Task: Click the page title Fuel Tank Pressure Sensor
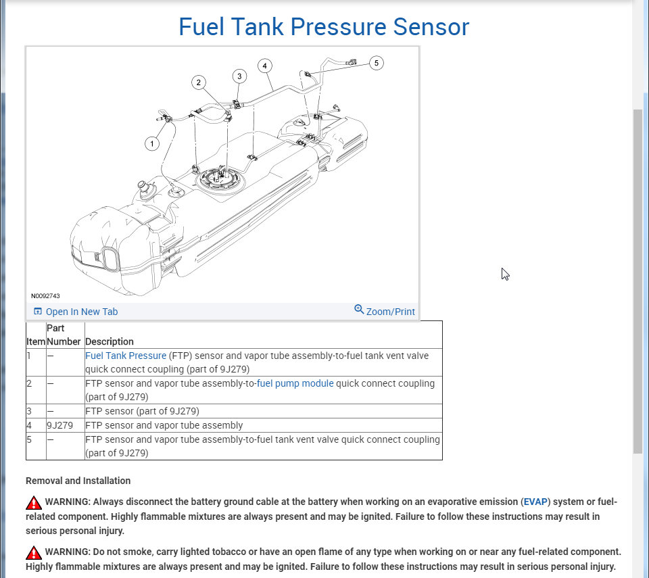[323, 27]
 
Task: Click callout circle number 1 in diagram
[153, 143]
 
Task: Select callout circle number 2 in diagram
[198, 82]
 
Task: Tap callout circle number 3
[239, 76]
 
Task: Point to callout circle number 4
[264, 66]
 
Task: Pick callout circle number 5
[377, 63]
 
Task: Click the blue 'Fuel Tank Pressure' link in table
[126, 356]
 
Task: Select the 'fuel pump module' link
[295, 383]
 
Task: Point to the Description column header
[110, 341]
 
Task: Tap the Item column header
[36, 341]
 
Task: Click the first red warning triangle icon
[34, 503]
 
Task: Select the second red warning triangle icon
[34, 552]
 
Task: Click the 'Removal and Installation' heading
[78, 481]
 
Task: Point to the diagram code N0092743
[45, 296]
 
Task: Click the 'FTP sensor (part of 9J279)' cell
[142, 411]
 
